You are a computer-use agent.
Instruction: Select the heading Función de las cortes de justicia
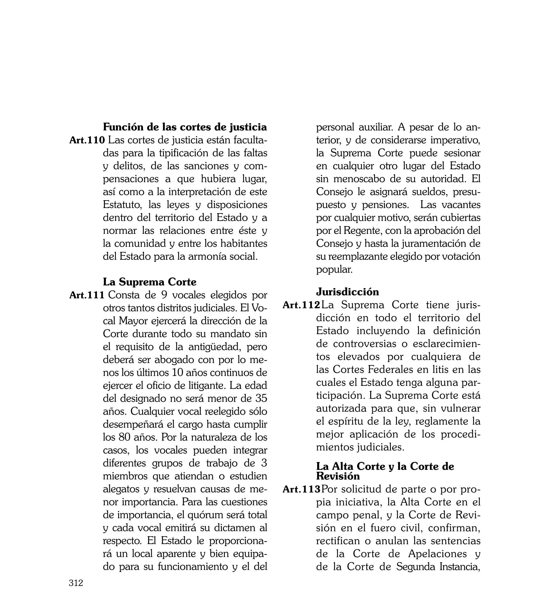pyautogui.click(x=185, y=127)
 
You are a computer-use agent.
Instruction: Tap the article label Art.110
pyautogui.click(x=87, y=140)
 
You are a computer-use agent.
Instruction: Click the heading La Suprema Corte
pyautogui.click(x=150, y=282)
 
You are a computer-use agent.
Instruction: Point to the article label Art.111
pyautogui.click(x=87, y=295)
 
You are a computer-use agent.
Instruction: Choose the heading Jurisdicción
pyautogui.click(x=348, y=292)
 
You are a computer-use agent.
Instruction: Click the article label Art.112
pyautogui.click(x=301, y=305)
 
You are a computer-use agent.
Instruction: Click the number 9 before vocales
pyautogui.click(x=164, y=295)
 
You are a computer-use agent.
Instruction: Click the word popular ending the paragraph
pyautogui.click(x=334, y=270)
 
